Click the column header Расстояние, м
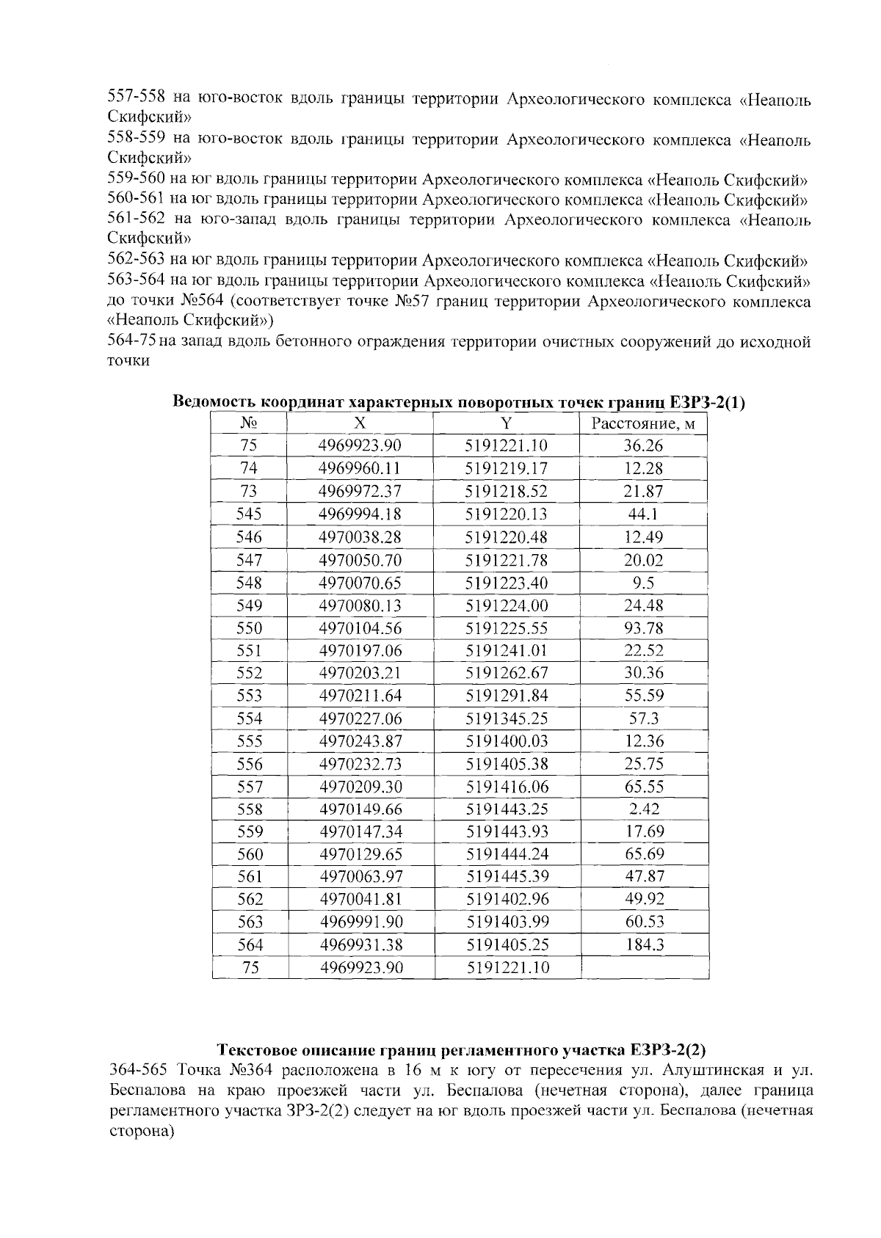(644, 423)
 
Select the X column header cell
(360, 423)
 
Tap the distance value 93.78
(644, 628)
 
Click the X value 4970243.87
(360, 741)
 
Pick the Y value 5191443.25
(507, 809)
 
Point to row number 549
(250, 605)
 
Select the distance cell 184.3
(644, 945)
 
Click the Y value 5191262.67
(507, 673)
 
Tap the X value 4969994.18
(360, 514)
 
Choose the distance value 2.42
(644, 809)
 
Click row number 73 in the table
(250, 491)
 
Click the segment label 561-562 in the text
(136, 220)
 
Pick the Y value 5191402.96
(507, 900)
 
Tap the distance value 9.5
(644, 583)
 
